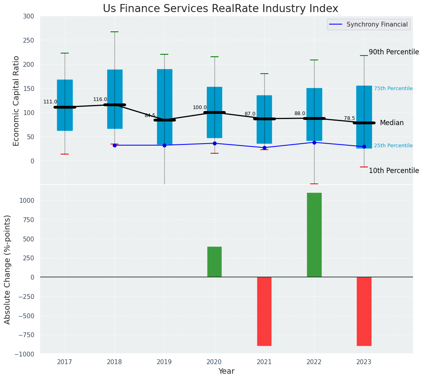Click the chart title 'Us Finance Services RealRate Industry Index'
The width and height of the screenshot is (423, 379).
point(220,8)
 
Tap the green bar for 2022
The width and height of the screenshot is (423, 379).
point(314,235)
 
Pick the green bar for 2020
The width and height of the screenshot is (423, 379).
point(215,262)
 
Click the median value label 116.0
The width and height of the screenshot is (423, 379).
point(100,99)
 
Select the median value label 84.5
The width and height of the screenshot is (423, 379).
point(150,115)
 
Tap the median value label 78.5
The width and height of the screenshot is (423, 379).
point(349,118)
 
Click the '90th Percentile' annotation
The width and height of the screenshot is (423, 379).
point(394,52)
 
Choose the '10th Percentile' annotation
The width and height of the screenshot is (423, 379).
point(394,171)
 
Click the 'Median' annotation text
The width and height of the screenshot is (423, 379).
point(392,123)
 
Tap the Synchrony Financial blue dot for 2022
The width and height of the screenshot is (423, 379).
point(314,142)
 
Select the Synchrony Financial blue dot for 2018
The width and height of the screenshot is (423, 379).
point(114,145)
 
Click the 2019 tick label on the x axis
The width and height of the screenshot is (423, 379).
point(164,362)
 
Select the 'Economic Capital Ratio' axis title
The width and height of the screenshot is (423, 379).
point(16,101)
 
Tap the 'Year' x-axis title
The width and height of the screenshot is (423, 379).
point(226,371)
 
